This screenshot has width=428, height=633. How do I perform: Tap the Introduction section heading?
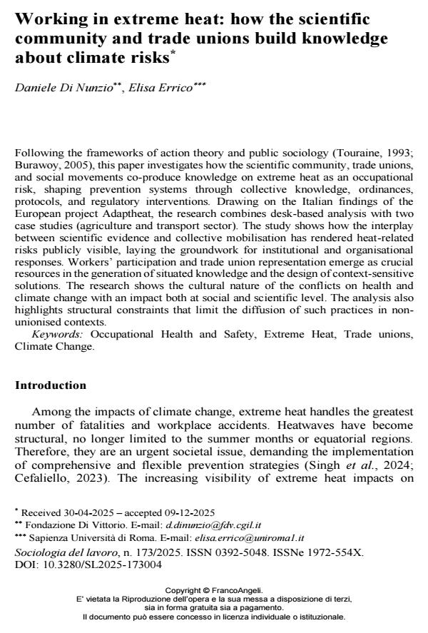tap(51, 385)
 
